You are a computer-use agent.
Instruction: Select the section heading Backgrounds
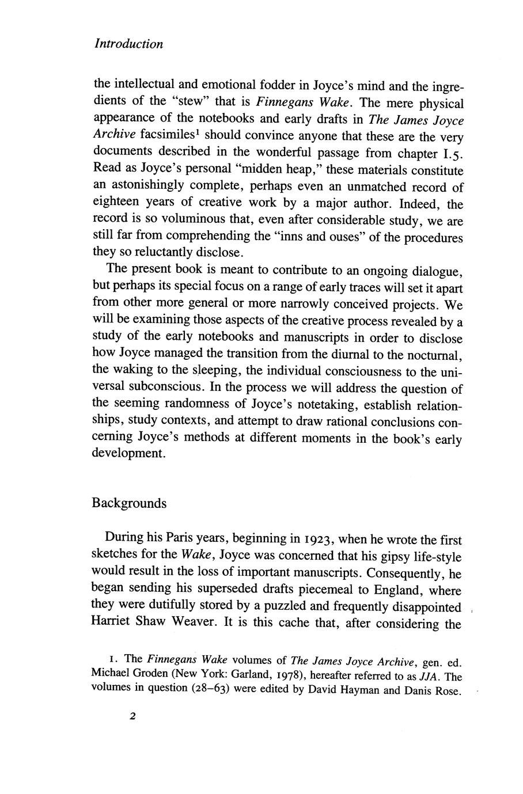129,503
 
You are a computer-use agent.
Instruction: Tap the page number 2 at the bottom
132,717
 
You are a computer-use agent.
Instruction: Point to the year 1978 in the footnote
281,677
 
